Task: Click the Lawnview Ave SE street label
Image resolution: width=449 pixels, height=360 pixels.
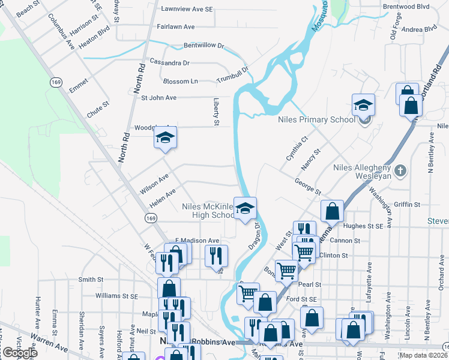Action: (x=187, y=10)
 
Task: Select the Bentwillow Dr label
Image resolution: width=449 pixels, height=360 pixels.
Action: (x=203, y=45)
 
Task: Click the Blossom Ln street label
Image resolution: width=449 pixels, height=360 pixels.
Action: (x=180, y=81)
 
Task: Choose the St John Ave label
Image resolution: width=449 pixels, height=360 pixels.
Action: (x=158, y=97)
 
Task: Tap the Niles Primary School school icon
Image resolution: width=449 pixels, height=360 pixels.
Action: (x=363, y=106)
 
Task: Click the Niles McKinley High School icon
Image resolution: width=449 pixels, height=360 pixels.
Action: (x=245, y=209)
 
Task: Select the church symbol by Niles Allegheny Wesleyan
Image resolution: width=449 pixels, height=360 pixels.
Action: (x=401, y=170)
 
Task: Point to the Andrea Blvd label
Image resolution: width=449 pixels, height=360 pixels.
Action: (x=419, y=28)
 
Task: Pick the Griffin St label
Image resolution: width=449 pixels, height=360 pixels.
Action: (x=408, y=205)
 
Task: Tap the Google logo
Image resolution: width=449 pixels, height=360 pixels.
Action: (x=19, y=353)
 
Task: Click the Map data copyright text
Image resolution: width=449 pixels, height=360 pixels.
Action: (x=426, y=354)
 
